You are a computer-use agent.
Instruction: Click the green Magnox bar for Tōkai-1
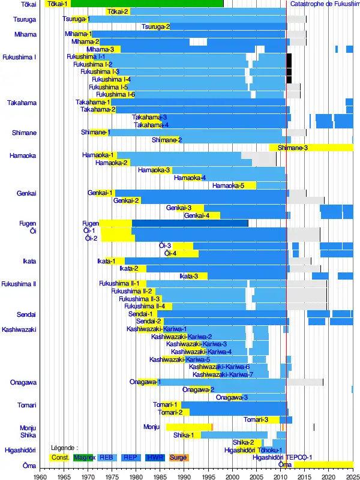tap(147, 4)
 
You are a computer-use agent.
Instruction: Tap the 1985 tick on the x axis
tap(160, 476)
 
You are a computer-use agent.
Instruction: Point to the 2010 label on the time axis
tap(280, 476)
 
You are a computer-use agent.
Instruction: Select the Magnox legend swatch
tap(84, 457)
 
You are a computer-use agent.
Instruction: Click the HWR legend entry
tap(154, 457)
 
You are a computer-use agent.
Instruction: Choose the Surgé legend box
tap(178, 457)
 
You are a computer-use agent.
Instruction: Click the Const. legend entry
tap(60, 457)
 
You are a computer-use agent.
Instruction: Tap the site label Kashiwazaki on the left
tap(19, 329)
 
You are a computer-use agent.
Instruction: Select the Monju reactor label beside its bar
tap(152, 427)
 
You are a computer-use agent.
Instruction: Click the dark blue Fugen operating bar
tap(190, 223)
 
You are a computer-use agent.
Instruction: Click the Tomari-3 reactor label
tap(256, 419)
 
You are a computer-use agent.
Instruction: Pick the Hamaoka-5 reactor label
tap(228, 185)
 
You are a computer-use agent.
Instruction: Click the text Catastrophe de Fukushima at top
tap(324, 4)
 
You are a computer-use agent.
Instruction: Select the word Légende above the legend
tap(65, 448)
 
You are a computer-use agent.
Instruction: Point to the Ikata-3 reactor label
tap(188, 276)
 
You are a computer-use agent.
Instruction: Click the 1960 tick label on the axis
tap(40, 476)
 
